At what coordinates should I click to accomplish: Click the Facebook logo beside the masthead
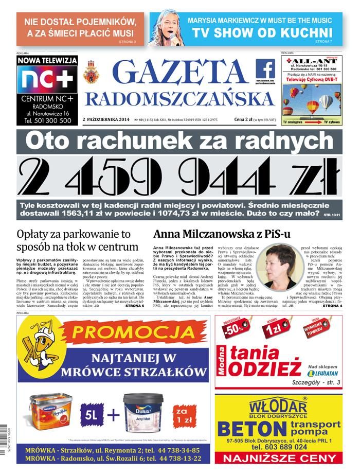[x=265, y=69]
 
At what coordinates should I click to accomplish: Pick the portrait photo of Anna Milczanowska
[x=276, y=266]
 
